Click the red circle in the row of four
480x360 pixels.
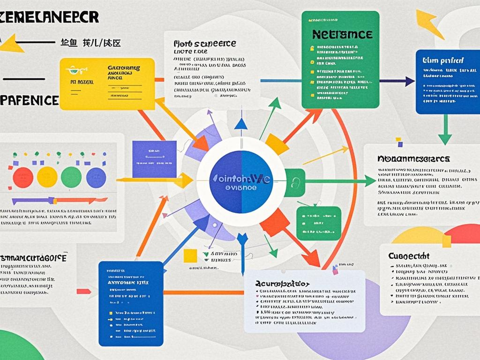pyautogui.click(x=22, y=177)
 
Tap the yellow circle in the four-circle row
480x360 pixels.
pyautogui.click(x=47, y=177)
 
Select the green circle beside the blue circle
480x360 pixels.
pyautogui.click(x=71, y=177)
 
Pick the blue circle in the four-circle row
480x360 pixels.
pyautogui.click(x=97, y=177)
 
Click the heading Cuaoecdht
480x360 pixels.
pyautogui.click(x=409, y=256)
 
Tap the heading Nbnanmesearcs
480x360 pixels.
pyautogui.click(x=413, y=159)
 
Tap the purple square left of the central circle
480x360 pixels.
pyautogui.click(x=154, y=159)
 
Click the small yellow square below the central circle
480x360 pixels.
pyautogui.click(x=190, y=256)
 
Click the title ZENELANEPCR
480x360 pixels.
pyautogui.click(x=49, y=17)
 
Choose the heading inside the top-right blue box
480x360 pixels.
pyautogui.click(x=443, y=60)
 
